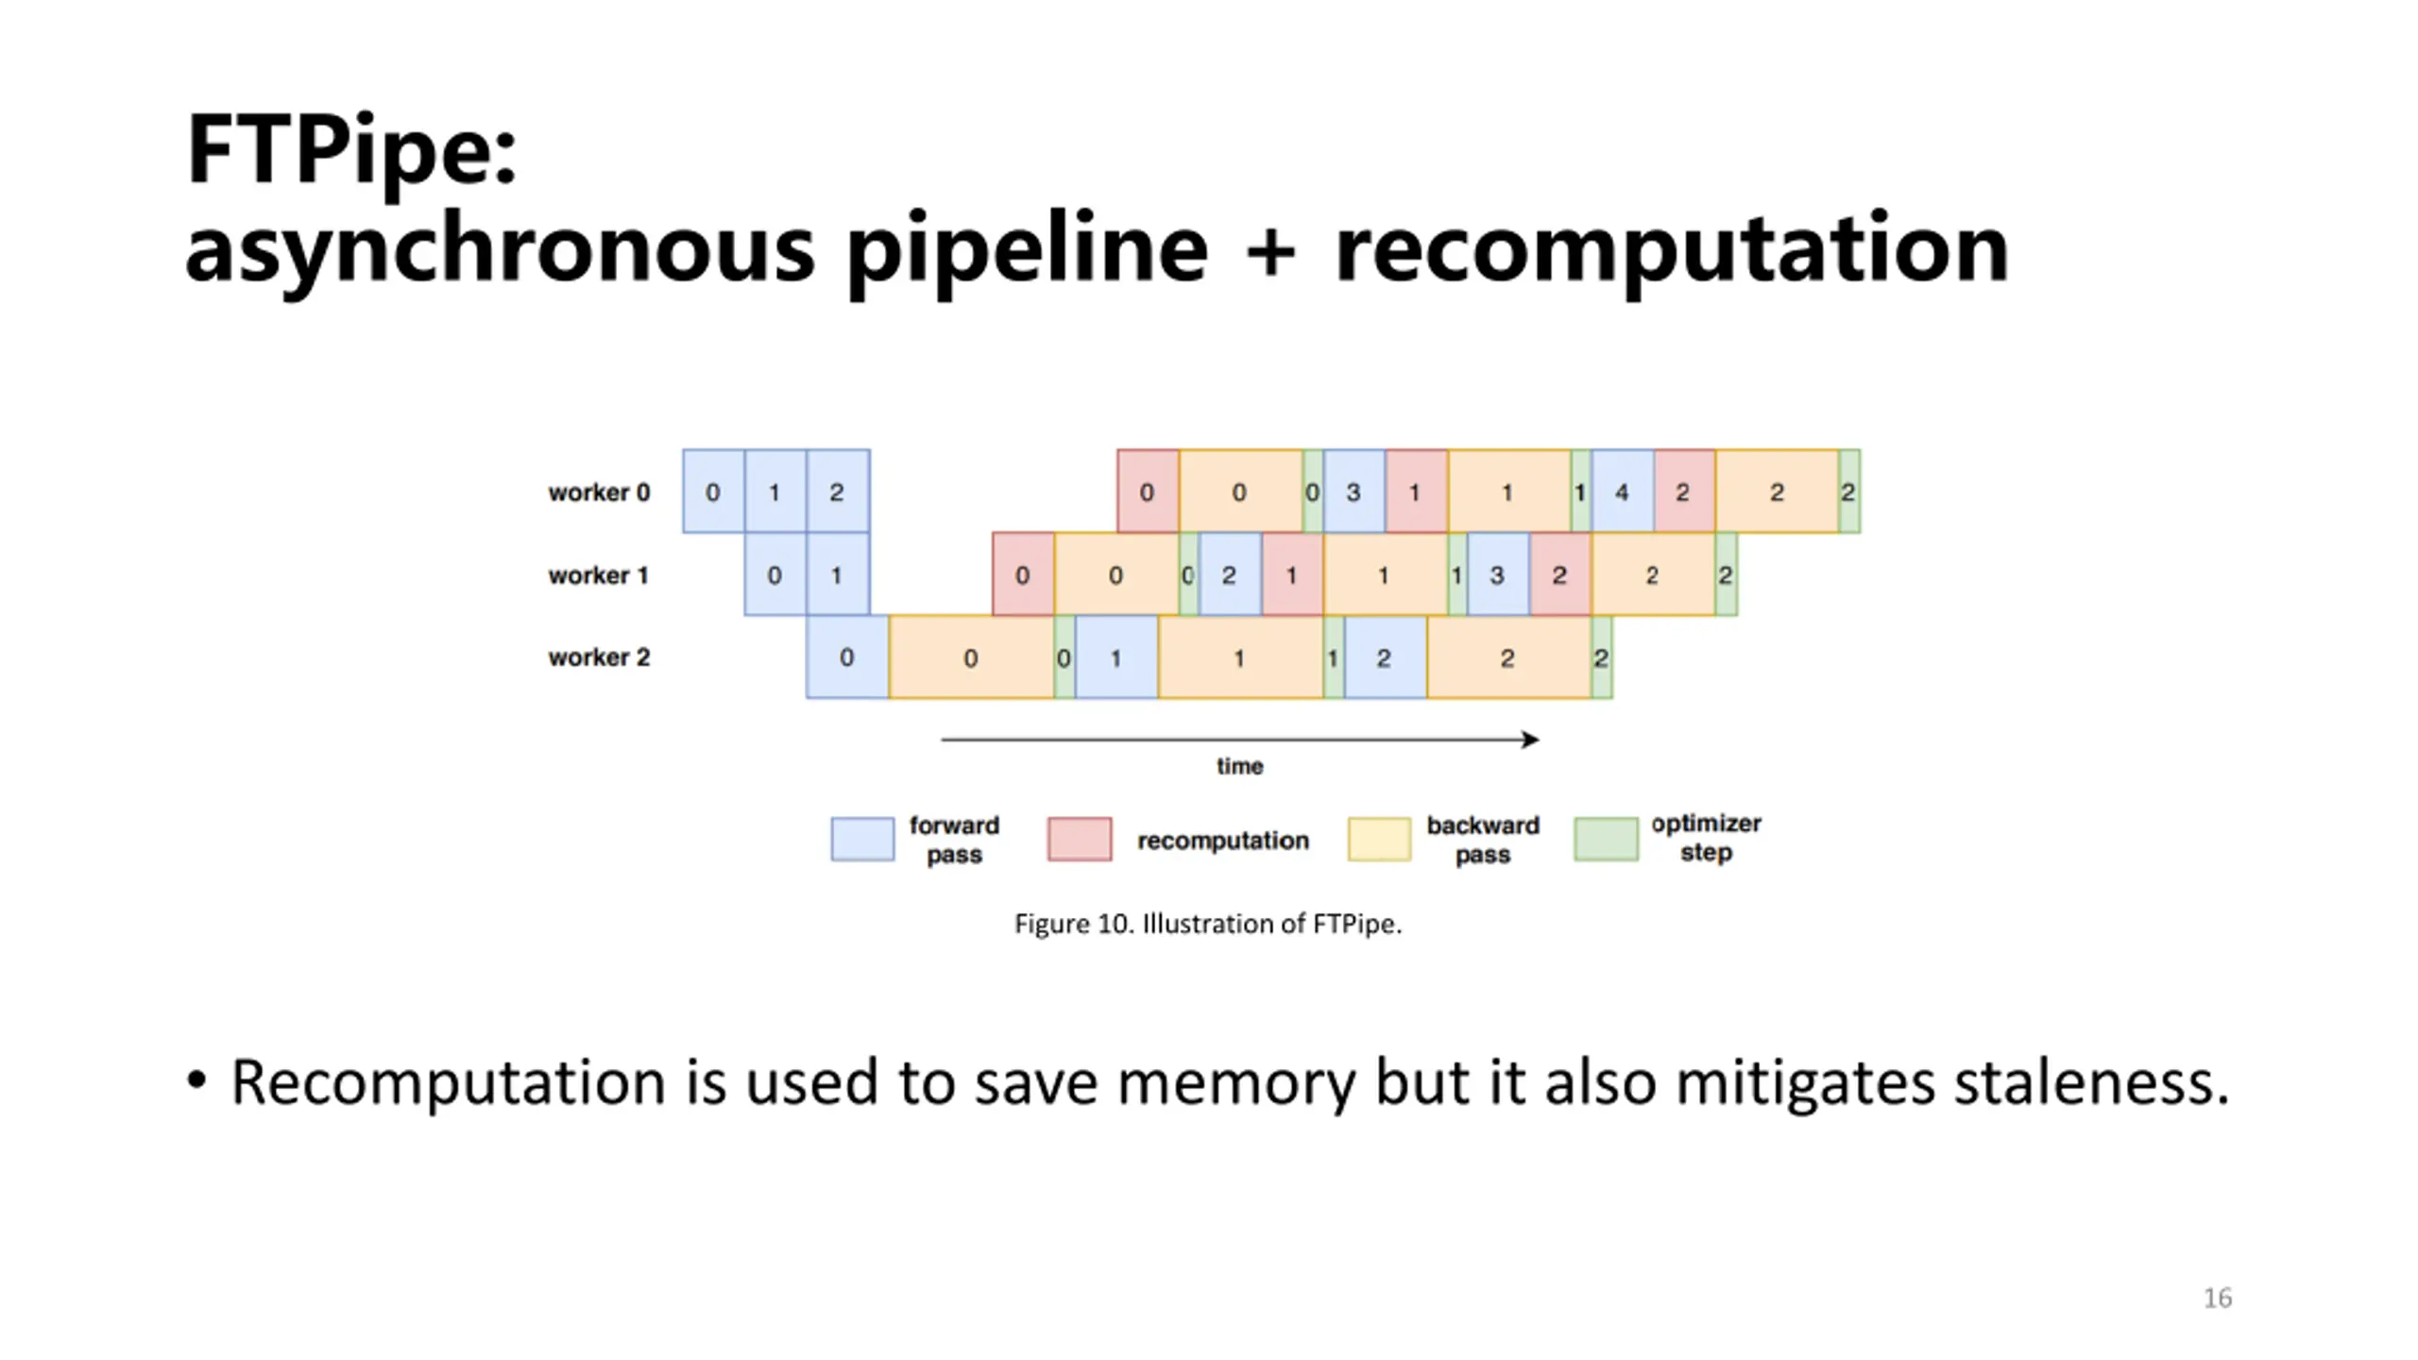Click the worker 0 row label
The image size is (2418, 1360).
point(599,492)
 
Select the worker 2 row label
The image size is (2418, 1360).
point(599,657)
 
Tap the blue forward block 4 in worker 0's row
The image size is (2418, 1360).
point(1622,492)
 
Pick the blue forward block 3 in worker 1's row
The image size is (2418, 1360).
point(1497,575)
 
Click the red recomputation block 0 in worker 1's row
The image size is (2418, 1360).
point(1022,575)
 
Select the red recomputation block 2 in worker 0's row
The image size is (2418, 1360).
point(1683,492)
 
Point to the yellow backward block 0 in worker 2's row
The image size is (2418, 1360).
point(971,658)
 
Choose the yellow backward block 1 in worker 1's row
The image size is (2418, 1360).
point(1384,575)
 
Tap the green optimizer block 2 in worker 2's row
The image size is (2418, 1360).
point(1601,658)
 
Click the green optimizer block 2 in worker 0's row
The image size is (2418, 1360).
point(1848,492)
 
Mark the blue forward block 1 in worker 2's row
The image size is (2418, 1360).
point(1115,658)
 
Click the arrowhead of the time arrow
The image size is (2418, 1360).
point(1531,739)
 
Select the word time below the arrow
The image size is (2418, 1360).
point(1239,766)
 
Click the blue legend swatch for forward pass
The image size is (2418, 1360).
point(862,839)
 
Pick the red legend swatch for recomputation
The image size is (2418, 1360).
point(1080,839)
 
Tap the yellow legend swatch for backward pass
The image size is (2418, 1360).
point(1379,839)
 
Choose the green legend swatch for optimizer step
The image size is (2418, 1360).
point(1606,839)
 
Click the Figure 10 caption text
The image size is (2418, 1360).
point(1208,924)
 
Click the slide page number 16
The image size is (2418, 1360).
point(2218,1298)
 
